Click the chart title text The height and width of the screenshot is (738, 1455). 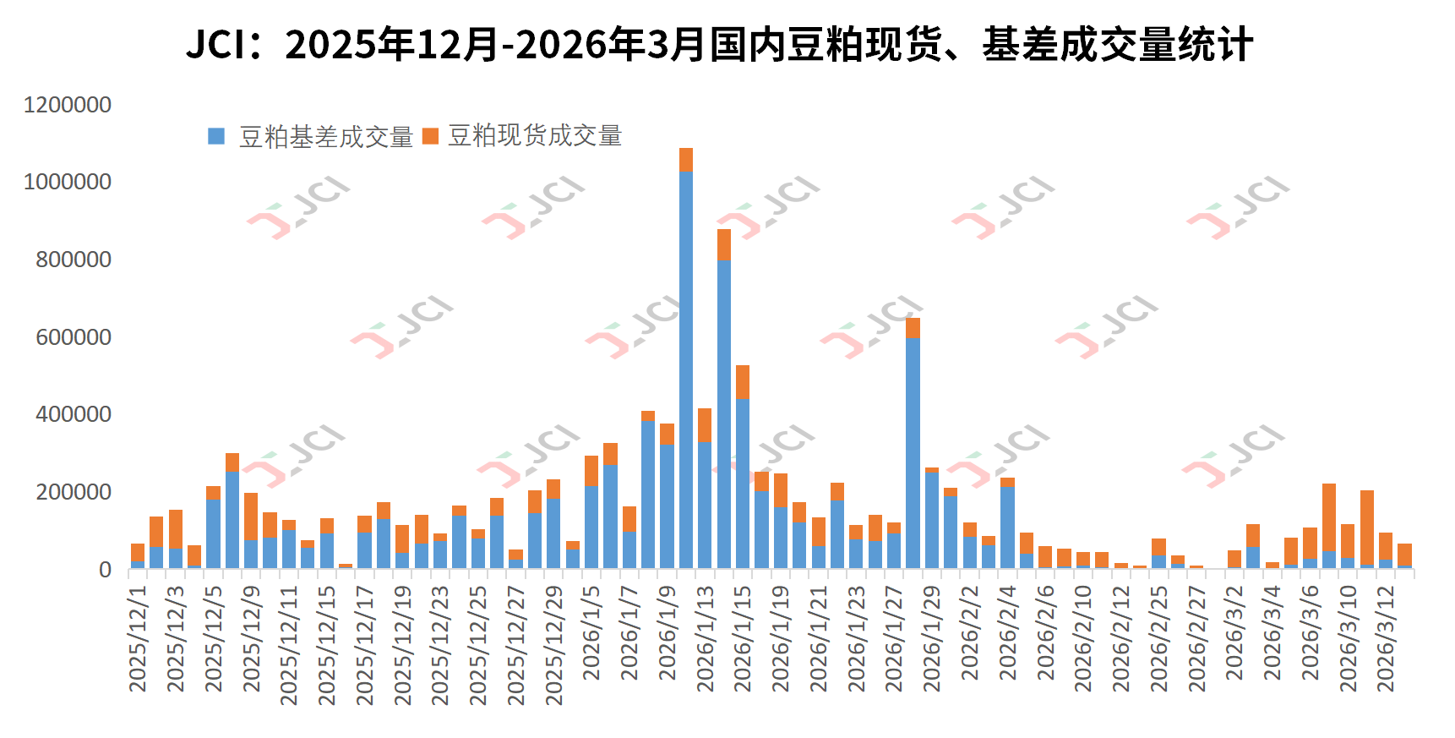(719, 44)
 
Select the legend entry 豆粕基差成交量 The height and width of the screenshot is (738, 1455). (325, 137)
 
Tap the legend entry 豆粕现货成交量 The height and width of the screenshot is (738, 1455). (534, 135)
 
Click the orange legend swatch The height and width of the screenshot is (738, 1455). (430, 136)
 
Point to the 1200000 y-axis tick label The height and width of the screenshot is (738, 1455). (68, 105)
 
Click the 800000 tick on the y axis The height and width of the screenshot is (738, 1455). (74, 260)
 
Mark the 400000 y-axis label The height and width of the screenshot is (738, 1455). (74, 414)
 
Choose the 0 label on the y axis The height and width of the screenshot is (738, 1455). (105, 570)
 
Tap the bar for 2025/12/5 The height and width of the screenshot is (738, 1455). (213, 528)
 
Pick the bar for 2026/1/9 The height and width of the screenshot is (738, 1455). (667, 499)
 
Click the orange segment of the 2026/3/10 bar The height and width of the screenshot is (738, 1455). (1348, 540)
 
